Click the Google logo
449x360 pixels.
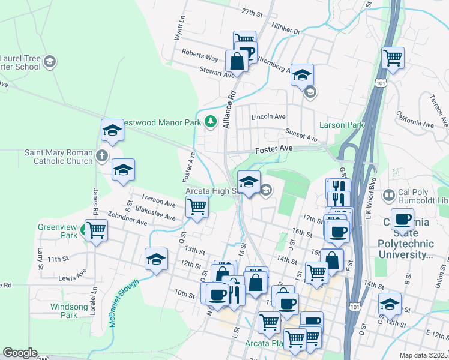[20, 353]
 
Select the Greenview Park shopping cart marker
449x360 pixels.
[96, 229]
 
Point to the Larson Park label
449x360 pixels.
[342, 125]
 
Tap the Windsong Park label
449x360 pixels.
[64, 310]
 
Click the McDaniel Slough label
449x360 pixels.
[124, 303]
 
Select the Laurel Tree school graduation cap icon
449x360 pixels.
[50, 62]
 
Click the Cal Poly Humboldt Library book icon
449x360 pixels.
[388, 195]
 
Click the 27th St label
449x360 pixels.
[253, 12]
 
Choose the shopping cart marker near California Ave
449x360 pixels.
[393, 58]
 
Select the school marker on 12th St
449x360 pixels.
[156, 259]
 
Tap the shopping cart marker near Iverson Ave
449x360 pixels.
[197, 207]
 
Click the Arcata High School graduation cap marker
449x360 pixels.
[249, 181]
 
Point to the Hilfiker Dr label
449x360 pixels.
[285, 29]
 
